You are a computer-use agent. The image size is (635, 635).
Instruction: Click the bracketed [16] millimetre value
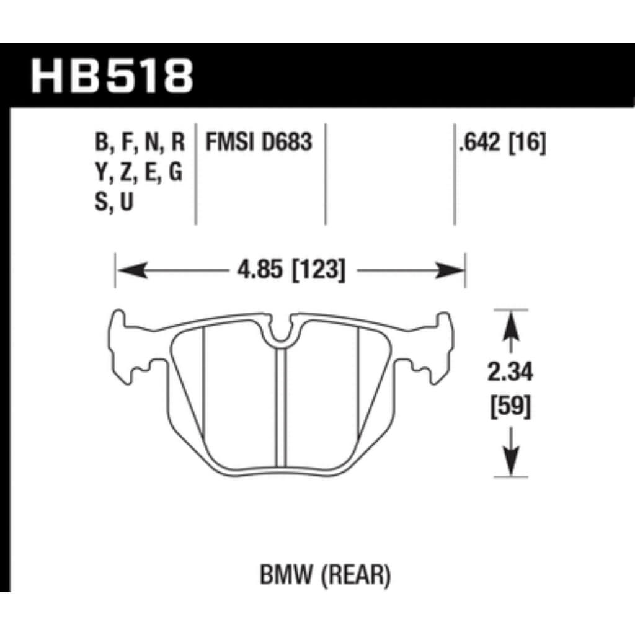tap(528, 144)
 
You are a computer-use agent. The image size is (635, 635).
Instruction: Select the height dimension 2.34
tap(510, 373)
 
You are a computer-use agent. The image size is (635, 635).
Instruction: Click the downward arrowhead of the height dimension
tap(510, 462)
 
